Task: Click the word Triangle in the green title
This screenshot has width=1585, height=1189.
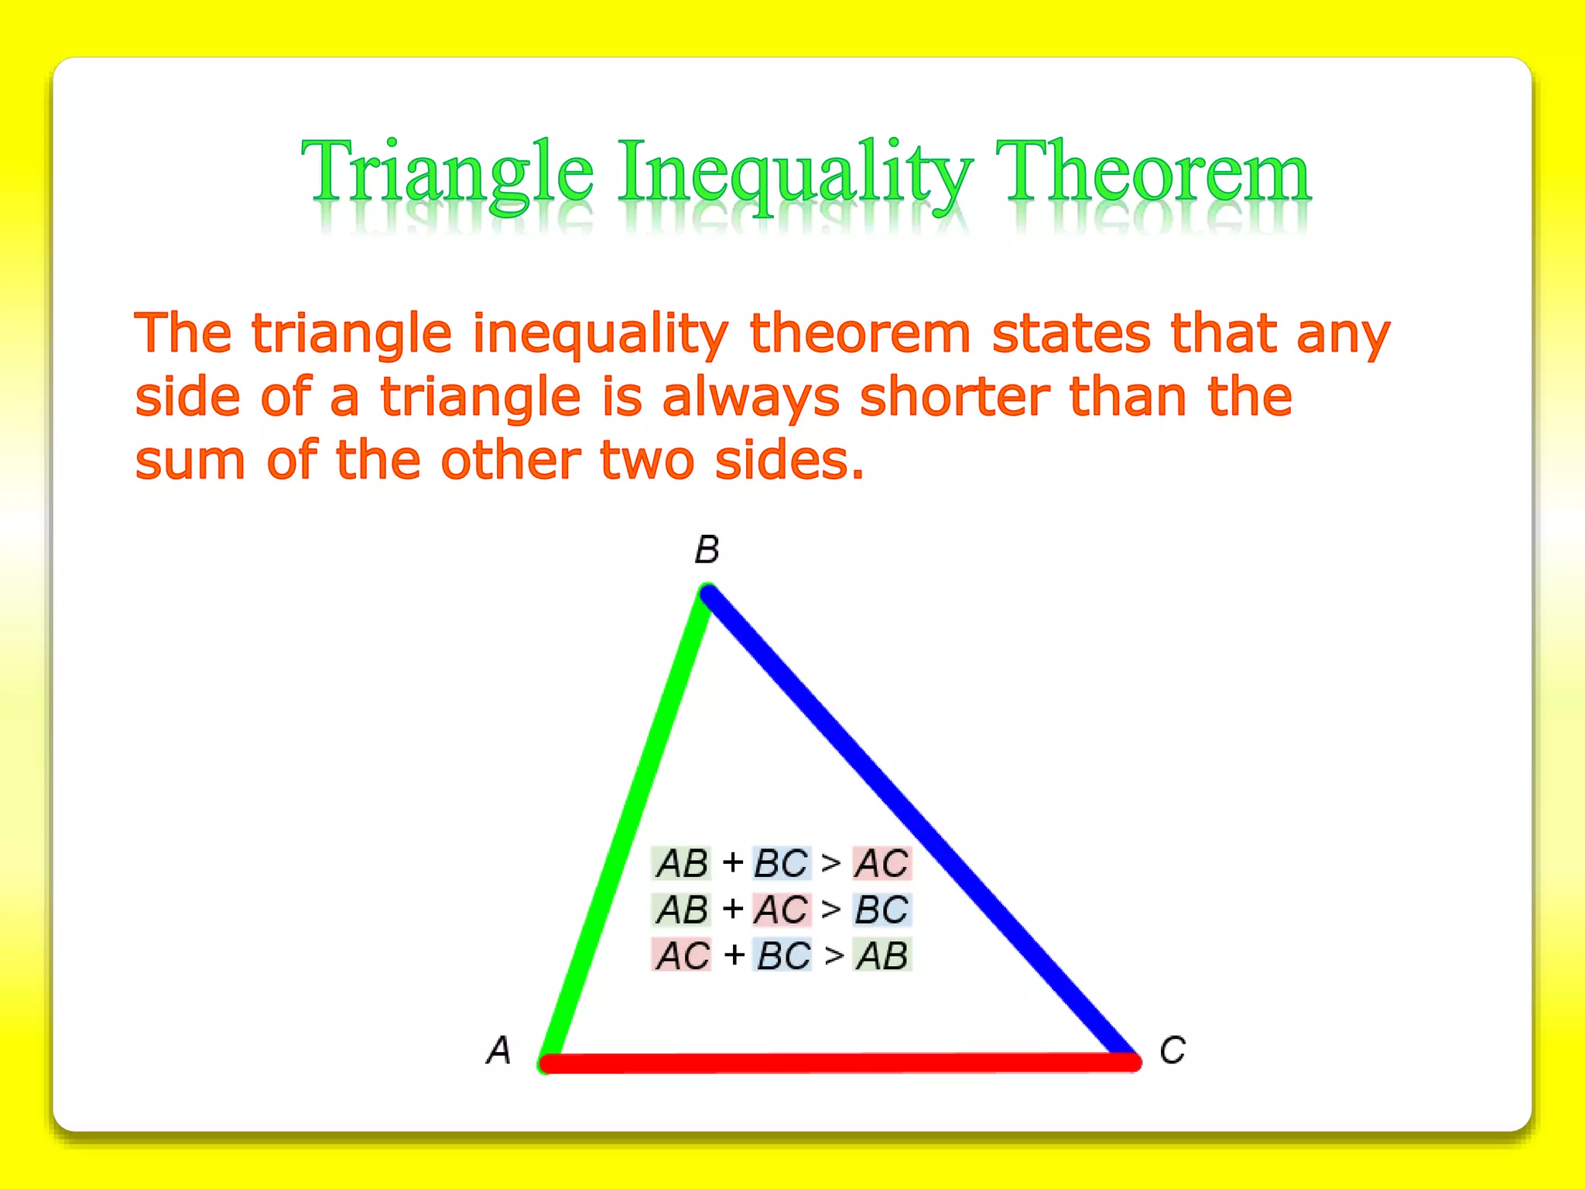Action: [447, 172]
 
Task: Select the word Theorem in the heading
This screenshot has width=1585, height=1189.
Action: [1152, 172]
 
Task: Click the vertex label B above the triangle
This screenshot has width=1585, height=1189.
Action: [707, 550]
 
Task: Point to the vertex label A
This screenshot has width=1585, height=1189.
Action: [499, 1050]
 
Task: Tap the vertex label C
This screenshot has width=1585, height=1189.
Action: [1172, 1050]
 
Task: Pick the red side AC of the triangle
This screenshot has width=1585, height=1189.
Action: [840, 1063]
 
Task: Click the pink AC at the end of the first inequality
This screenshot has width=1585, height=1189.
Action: [882, 863]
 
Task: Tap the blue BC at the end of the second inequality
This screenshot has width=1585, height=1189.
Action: [882, 910]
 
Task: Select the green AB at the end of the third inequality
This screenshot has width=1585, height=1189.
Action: [882, 955]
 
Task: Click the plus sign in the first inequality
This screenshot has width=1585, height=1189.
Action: [732, 862]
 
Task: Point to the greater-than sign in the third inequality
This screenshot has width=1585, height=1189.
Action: [834, 956]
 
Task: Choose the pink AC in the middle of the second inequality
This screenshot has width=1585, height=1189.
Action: [782, 910]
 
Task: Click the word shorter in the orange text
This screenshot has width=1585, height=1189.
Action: [954, 396]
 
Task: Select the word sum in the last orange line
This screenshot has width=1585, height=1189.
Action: [190, 461]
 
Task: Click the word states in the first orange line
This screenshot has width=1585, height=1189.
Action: [1071, 333]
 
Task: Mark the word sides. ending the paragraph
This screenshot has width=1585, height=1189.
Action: [789, 460]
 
